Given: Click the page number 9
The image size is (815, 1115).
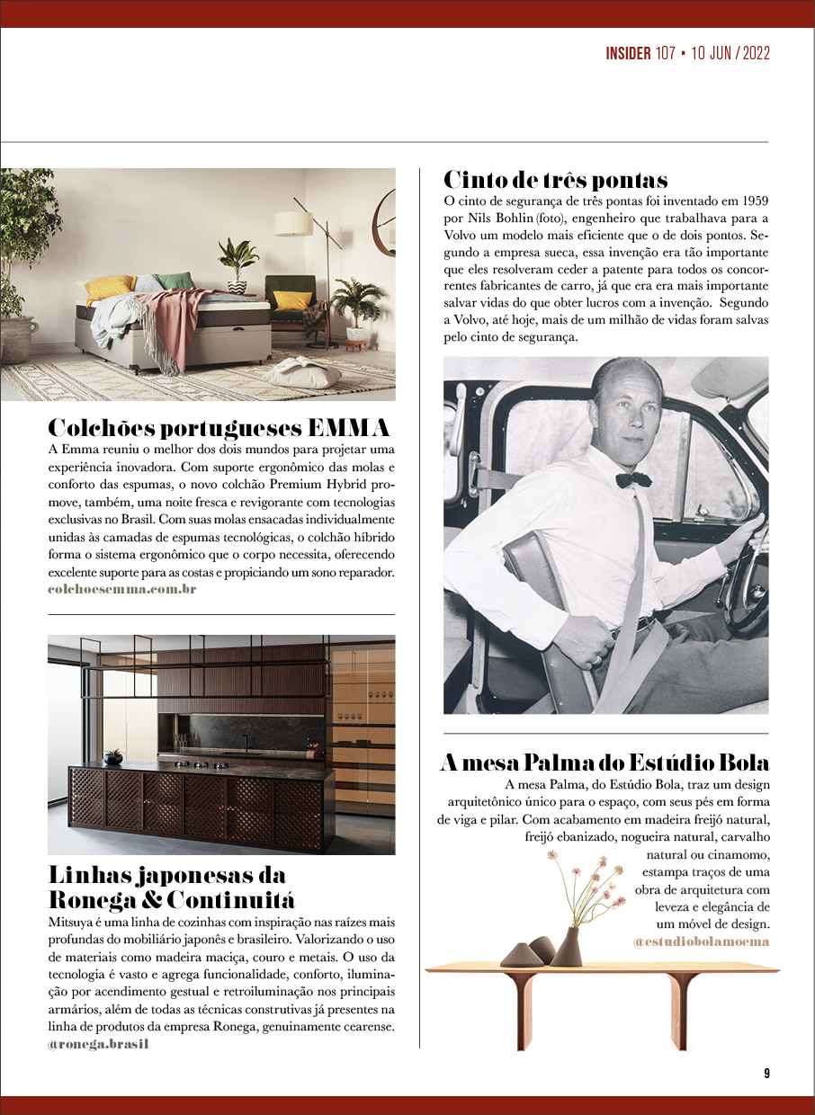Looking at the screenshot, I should [x=766, y=1073].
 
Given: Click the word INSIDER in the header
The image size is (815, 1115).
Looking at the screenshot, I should [x=628, y=53].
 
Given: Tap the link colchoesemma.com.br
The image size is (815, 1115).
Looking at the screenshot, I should [x=121, y=589].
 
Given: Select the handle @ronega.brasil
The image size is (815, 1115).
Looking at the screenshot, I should [x=97, y=1044].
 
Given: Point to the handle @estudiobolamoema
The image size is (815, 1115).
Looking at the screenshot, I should [x=701, y=941].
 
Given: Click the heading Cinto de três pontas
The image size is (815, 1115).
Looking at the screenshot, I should [x=555, y=179].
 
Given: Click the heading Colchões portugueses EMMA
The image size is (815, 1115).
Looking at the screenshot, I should [x=218, y=427].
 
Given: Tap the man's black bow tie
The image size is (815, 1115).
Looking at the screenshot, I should [x=633, y=479].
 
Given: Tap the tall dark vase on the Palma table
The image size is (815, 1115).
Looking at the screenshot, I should [x=567, y=947].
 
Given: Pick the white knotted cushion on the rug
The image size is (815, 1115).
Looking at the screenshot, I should [x=302, y=371].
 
